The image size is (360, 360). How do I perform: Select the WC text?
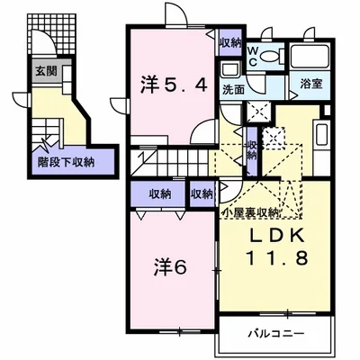(x=255, y=56)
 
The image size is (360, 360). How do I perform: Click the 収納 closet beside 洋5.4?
(x=229, y=42)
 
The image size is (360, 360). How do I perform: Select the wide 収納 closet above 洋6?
(x=160, y=193)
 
